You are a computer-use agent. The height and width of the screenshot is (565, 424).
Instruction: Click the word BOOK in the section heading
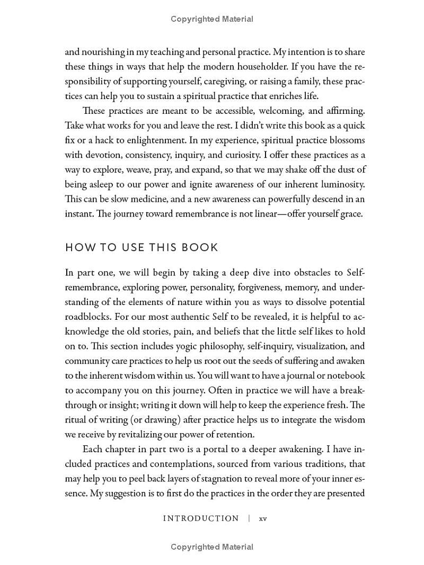[x=200, y=248]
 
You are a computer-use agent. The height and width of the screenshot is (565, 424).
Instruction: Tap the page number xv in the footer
[x=263, y=518]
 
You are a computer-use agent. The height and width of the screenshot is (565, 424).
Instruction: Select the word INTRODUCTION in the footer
[x=201, y=518]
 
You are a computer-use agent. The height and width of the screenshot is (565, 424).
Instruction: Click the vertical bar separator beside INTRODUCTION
[x=249, y=518]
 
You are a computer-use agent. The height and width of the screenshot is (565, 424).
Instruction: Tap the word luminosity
[x=336, y=184]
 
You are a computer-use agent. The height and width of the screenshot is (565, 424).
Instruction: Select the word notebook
[x=341, y=376]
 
